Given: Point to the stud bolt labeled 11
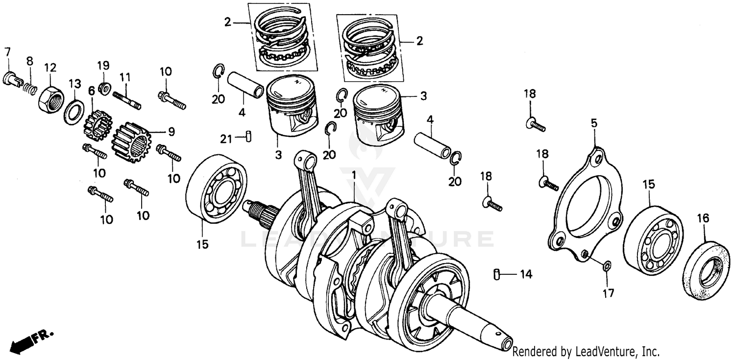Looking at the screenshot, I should coord(127,99).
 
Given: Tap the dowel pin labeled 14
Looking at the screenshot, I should coord(497,274).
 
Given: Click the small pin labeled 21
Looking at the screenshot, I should coord(248,137).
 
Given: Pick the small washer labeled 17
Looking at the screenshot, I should coord(606,266).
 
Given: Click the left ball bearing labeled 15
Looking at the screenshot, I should coord(216,189).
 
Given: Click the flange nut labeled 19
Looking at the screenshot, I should coord(103,88).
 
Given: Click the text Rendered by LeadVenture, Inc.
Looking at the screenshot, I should coord(586,351).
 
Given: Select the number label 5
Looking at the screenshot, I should coord(594,124).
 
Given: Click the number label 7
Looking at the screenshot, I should coord(7,51).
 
